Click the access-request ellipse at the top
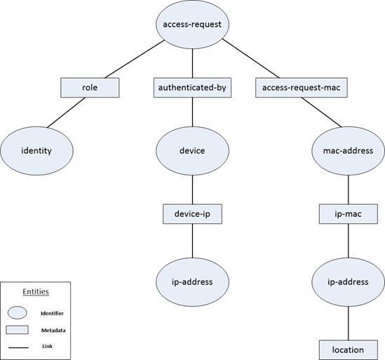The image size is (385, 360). click(x=191, y=25)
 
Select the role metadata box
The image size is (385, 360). click(x=90, y=88)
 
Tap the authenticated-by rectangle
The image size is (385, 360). click(x=192, y=88)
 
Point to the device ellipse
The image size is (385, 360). click(x=192, y=150)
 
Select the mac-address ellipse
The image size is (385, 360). click(x=349, y=150)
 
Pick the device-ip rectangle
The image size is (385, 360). click(x=192, y=213)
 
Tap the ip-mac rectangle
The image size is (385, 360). click(x=349, y=213)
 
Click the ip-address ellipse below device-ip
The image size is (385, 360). click(x=192, y=281)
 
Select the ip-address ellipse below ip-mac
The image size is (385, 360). click(x=349, y=281)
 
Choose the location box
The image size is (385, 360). click(x=349, y=349)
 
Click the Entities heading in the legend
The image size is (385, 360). click(x=36, y=291)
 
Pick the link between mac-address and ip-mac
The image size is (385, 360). click(x=349, y=188)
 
